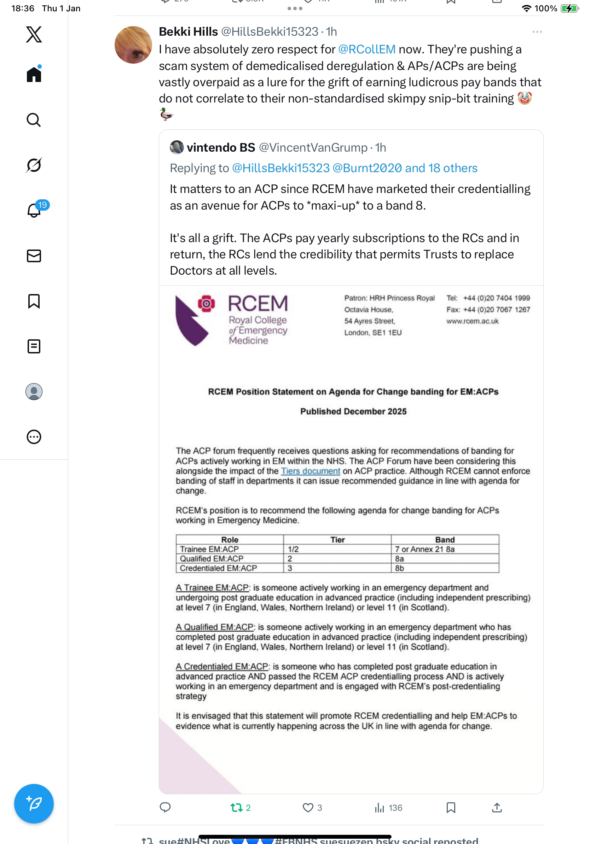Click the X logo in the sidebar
(34, 35)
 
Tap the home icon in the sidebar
(34, 74)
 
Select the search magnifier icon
(34, 120)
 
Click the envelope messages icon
(34, 256)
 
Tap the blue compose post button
(34, 804)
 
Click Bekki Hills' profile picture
(133, 45)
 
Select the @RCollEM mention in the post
(366, 49)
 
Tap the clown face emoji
(525, 99)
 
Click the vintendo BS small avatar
(177, 147)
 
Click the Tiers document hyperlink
(311, 471)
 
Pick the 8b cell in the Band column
(399, 568)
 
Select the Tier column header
(337, 540)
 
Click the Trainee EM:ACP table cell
(209, 549)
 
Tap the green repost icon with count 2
(237, 808)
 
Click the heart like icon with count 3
(308, 808)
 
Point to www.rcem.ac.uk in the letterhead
(472, 321)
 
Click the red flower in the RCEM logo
(206, 304)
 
